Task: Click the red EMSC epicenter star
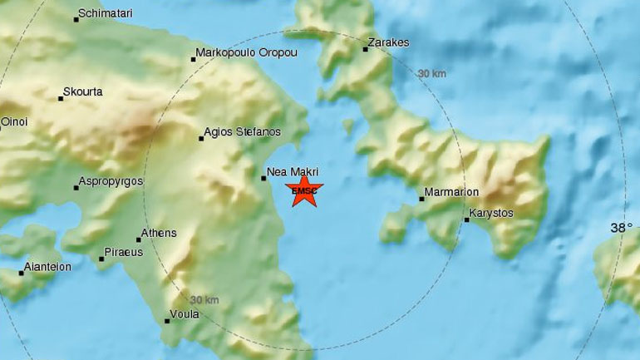(x=304, y=191)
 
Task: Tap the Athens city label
(x=160, y=233)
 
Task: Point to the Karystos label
(x=491, y=214)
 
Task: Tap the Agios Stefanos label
(x=244, y=132)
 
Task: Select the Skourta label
(x=84, y=91)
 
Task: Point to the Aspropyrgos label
(x=111, y=181)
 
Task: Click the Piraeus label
(x=124, y=251)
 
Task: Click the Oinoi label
(x=14, y=121)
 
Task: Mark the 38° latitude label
(x=622, y=227)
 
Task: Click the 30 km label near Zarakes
(x=431, y=74)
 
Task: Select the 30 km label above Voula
(x=204, y=300)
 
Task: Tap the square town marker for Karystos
(x=466, y=219)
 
